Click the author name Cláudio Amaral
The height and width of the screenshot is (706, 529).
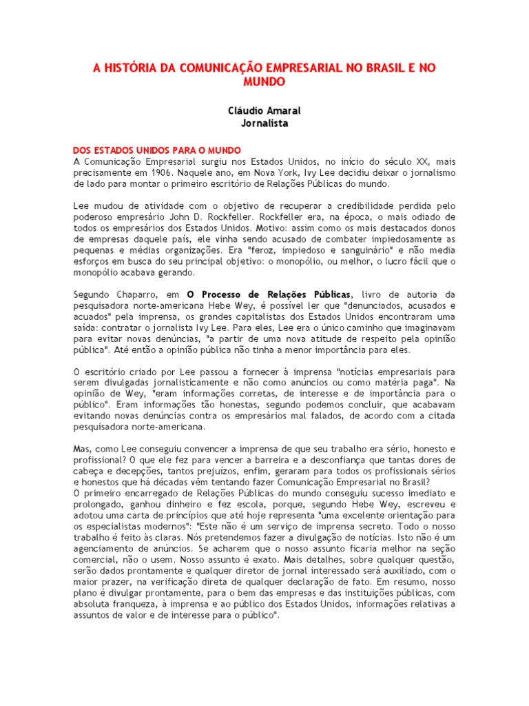pyautogui.click(x=264, y=110)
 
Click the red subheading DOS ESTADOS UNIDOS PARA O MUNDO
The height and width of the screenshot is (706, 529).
pyautogui.click(x=157, y=150)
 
